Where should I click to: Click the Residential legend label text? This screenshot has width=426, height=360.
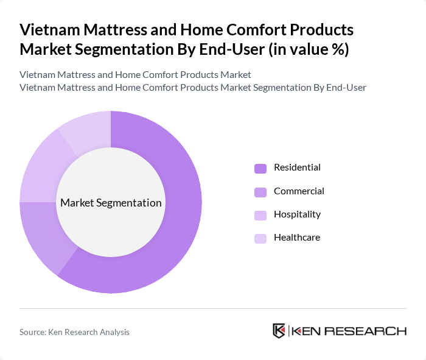[x=297, y=168]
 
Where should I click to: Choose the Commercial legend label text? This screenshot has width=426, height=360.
[x=299, y=191]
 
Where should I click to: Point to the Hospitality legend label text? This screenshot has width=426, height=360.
[x=297, y=214]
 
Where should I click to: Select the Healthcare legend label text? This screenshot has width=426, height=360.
[x=296, y=238]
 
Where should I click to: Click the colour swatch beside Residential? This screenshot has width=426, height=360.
[x=260, y=168]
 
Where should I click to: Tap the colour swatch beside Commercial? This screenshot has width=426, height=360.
[x=260, y=192]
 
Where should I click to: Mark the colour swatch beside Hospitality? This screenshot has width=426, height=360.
[x=260, y=215]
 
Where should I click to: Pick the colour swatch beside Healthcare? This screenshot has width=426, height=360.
[x=260, y=238]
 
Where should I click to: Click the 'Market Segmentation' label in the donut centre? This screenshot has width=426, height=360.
[x=111, y=203]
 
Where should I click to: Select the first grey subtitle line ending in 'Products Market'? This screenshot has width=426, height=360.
[x=135, y=75]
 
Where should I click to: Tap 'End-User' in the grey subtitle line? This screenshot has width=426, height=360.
[x=346, y=87]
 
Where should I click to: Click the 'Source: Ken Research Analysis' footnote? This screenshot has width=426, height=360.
[x=74, y=332]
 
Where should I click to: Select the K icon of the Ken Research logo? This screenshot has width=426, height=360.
[x=279, y=331]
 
